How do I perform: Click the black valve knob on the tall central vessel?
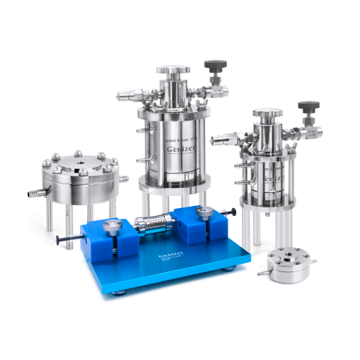tap(212, 67)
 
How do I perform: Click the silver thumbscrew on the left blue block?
tap(112, 228)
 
